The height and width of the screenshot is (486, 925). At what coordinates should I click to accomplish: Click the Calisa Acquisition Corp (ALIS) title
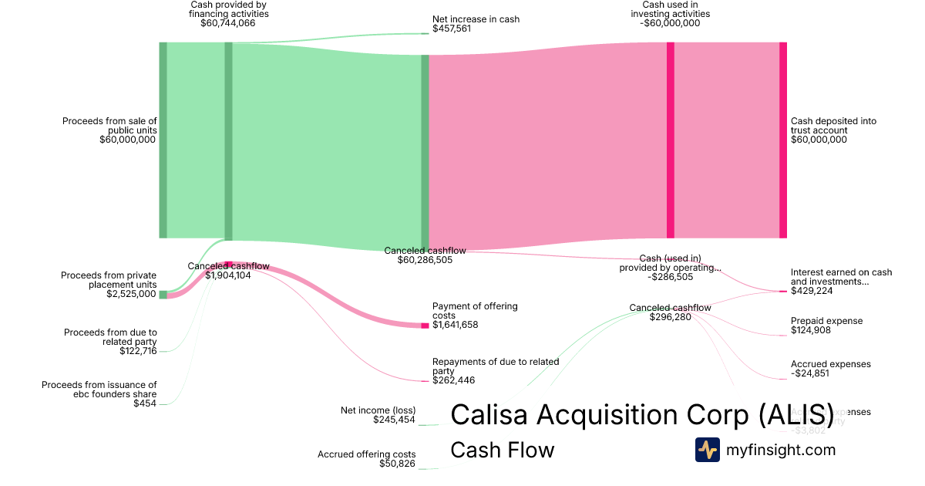(641, 414)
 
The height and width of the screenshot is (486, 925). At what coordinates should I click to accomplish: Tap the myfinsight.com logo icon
(707, 450)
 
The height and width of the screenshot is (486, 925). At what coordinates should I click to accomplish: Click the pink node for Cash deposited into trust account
(783, 140)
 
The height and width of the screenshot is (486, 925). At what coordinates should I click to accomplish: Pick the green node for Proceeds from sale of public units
(163, 140)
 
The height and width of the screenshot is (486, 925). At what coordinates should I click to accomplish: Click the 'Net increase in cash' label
(465, 19)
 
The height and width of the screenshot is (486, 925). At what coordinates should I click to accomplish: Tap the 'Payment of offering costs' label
(475, 311)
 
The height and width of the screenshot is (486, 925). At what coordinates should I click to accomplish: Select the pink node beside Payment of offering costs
(425, 326)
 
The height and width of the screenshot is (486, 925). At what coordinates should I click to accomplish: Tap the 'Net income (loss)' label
(378, 410)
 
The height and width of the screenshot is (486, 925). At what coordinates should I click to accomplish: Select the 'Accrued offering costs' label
(367, 454)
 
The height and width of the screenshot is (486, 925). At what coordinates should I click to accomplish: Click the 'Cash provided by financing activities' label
(229, 9)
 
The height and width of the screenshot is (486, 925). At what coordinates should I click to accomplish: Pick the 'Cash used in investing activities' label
(670, 9)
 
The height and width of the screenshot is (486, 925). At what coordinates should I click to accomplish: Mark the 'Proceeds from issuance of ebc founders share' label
(99, 390)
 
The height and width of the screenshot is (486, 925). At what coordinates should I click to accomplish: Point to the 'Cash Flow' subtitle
(502, 450)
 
